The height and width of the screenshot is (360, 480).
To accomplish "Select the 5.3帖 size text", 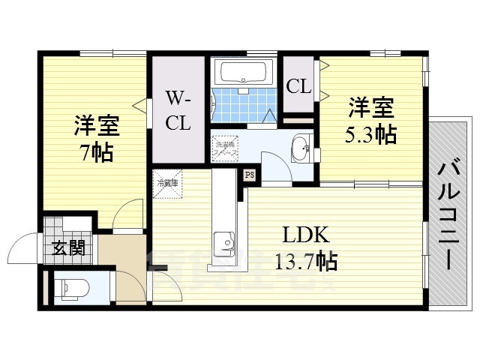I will coord(371,135).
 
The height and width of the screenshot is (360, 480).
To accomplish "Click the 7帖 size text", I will coord(97,151).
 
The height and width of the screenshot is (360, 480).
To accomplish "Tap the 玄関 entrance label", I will coord(67,248).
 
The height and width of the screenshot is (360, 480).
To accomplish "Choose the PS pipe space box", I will coord(249,175).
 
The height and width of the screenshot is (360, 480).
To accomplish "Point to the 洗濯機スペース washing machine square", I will coord(225,146).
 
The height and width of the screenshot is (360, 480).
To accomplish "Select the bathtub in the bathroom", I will coord(240,73).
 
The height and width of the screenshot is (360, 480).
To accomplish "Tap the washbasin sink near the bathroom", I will coord(300,147).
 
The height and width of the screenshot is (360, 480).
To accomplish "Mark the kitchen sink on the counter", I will coord(223,242).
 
